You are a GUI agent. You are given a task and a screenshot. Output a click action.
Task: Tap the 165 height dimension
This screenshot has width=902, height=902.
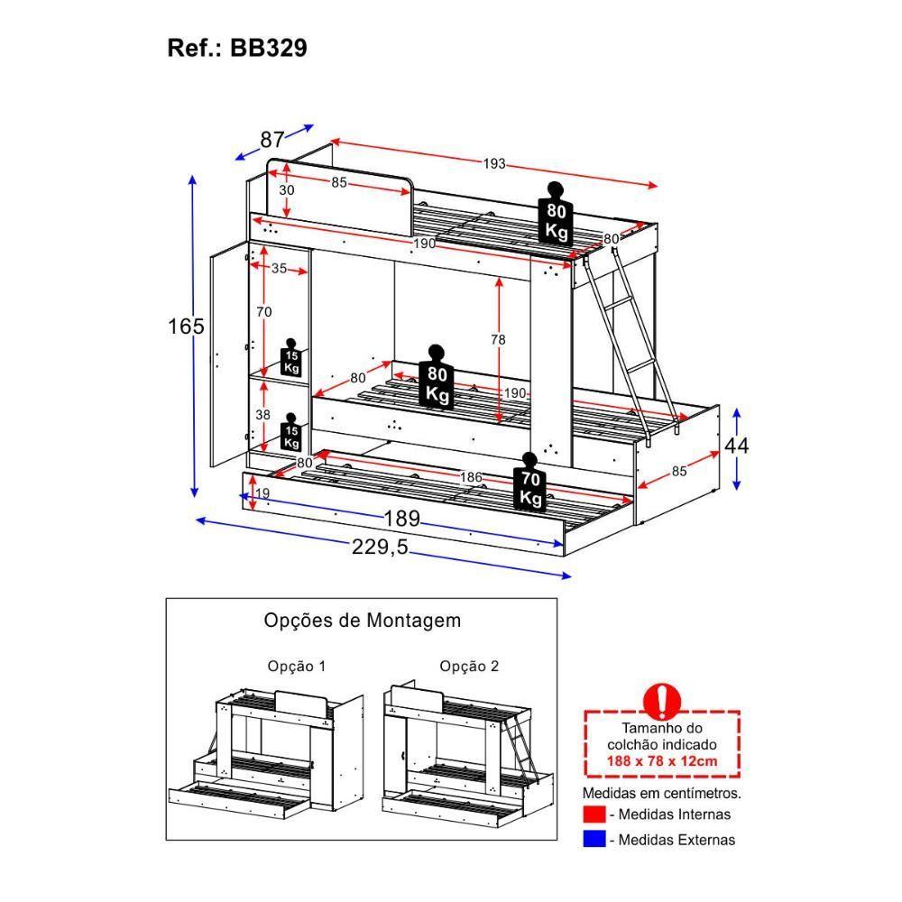coord(187,326)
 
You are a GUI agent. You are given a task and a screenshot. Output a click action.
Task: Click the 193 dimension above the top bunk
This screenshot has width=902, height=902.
coord(493,164)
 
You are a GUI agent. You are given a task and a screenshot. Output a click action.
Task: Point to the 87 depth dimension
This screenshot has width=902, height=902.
coord(272,140)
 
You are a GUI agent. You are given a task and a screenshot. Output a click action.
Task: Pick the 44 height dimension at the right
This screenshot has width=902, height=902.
coord(736,446)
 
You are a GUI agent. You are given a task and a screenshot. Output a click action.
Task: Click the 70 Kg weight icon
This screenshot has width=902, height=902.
coord(529,483)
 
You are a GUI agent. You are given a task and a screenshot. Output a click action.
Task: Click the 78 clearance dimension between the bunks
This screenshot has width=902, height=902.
coord(498,340)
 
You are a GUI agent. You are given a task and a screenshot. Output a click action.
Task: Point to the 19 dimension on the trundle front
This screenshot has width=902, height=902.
coord(262,493)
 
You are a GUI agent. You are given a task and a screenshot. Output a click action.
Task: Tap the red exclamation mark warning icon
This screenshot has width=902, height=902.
coord(664,699)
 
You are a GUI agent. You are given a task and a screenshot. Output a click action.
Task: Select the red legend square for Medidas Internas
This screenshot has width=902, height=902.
coord(594,815)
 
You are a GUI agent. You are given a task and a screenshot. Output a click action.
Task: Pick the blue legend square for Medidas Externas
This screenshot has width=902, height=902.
coord(594,840)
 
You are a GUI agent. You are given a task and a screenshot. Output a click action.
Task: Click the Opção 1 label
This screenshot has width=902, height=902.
coord(296,667)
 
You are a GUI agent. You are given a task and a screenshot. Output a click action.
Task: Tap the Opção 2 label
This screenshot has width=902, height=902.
coord(469,667)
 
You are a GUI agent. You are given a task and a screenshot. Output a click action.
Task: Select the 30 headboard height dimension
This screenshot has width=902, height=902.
coord(286,190)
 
